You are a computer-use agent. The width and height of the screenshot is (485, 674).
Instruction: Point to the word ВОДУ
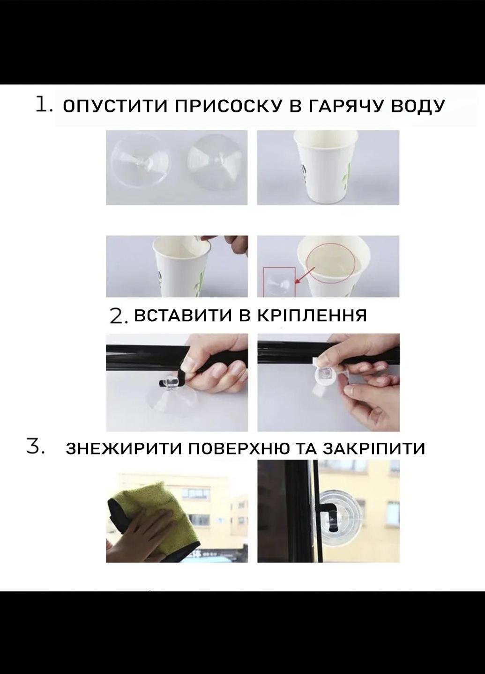click(x=418, y=107)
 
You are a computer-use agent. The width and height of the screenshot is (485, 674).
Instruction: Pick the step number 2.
click(x=119, y=316)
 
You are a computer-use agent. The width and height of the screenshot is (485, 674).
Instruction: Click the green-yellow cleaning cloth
click(x=154, y=514)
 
